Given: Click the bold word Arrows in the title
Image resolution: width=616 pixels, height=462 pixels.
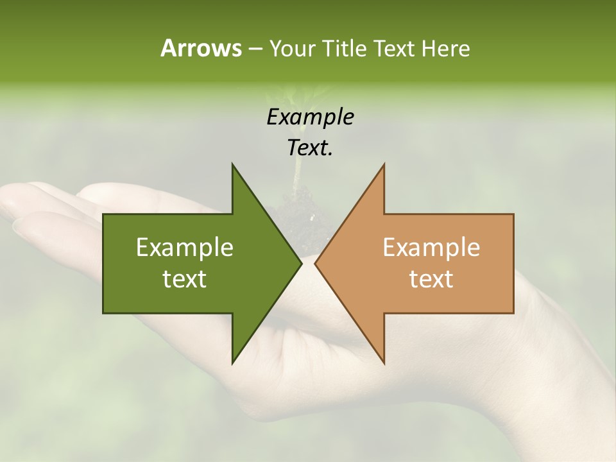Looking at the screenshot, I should click(x=200, y=48).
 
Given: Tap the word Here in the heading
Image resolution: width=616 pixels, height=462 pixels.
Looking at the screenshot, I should click(x=445, y=48).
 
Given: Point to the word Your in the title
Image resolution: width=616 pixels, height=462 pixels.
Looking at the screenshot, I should click(x=292, y=48).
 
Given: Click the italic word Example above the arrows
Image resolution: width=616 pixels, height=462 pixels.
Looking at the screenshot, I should click(x=310, y=117).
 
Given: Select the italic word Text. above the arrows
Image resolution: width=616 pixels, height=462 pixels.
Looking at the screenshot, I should click(x=310, y=148).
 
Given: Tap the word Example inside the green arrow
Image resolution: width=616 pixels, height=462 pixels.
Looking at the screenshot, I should click(x=185, y=247).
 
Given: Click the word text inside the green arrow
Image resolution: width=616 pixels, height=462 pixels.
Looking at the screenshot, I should click(x=185, y=279).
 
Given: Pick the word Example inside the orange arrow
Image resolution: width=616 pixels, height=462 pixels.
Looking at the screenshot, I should click(x=431, y=247).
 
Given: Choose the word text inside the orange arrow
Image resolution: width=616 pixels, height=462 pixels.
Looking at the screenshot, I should click(x=431, y=279).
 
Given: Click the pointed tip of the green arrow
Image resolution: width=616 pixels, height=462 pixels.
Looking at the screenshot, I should click(x=300, y=264).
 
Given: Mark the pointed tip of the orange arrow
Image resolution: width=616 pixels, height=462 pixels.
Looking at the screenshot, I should click(x=316, y=264).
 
